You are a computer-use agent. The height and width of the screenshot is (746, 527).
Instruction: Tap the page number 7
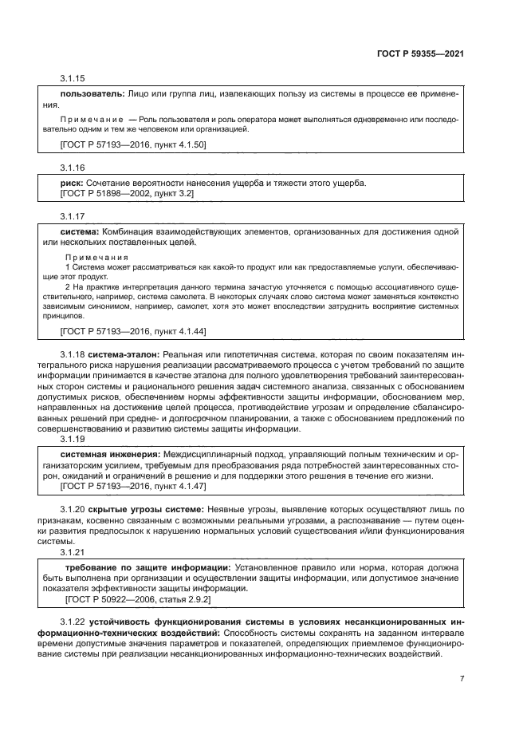coord(462,679)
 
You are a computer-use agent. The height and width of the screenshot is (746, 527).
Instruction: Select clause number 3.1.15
coord(73,80)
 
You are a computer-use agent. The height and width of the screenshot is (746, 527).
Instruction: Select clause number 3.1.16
coord(73,169)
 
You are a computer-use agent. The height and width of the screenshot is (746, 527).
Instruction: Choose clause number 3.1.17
coord(73,218)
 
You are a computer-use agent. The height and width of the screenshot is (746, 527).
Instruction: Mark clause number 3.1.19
coord(73,439)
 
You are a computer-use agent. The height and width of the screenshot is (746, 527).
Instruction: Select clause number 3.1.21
coord(73,551)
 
